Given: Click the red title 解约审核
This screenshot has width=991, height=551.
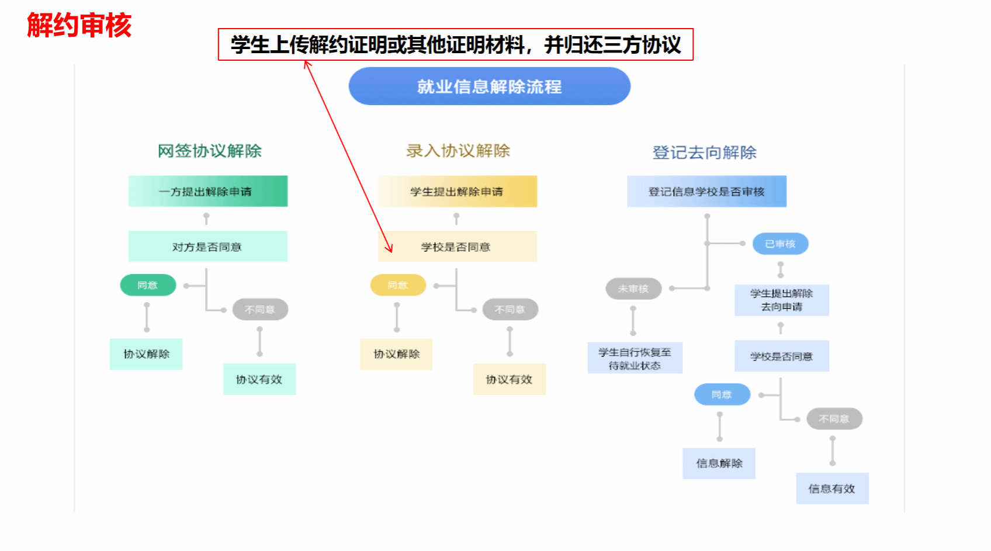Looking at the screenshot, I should coord(79,26).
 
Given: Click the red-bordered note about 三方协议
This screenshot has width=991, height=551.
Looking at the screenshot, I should coord(455,44).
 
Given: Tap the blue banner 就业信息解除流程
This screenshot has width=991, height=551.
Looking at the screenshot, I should coord(489,86).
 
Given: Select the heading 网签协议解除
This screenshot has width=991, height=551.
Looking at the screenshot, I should coord(209,151).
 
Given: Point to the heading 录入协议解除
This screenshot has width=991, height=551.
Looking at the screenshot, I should coord(458,151).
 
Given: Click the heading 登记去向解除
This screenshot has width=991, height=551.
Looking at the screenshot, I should coord(704,153).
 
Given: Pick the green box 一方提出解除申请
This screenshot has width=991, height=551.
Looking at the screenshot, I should coord(207,192).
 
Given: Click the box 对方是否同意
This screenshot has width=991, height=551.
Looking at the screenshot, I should coord(207,247).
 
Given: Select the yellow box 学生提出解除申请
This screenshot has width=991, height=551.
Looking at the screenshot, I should coord(457,192).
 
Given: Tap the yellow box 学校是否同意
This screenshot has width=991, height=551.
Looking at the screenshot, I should coord(457,247).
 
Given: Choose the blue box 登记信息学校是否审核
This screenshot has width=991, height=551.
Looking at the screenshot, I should coord(706,192).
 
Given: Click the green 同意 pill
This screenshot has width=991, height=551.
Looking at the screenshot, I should coord(148,285).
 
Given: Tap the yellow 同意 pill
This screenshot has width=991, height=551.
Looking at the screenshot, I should coord(398,285).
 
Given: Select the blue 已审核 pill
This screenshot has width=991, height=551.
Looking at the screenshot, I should coord(780,244).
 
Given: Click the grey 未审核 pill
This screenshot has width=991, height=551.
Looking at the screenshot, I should coord(633,289).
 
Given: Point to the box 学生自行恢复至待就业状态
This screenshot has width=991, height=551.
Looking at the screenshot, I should coord(635,358).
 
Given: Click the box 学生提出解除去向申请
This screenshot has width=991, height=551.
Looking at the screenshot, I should coord(781,300).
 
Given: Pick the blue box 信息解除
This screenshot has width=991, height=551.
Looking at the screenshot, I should coord(719,463).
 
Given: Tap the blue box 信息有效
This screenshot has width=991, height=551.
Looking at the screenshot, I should coord(831,488).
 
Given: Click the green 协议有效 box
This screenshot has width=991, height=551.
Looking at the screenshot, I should coord(259,379).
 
